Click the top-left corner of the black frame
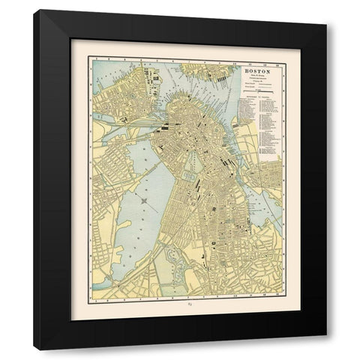[34, 11]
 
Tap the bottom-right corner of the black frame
[326, 349]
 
